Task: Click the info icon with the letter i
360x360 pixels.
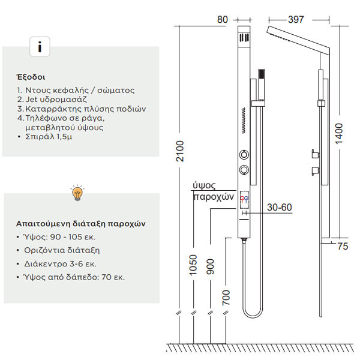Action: coord(40,46)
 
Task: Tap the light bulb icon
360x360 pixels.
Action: coord(77,193)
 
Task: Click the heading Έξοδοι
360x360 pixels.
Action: coord(31,77)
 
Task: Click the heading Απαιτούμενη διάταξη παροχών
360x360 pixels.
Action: coord(81,223)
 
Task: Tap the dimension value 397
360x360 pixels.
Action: coord(295,20)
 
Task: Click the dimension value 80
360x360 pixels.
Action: coord(223,20)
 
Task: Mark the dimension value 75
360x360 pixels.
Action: coord(341,245)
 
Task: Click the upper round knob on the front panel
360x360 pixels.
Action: coord(244,152)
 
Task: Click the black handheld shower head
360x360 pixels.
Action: coord(261,74)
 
